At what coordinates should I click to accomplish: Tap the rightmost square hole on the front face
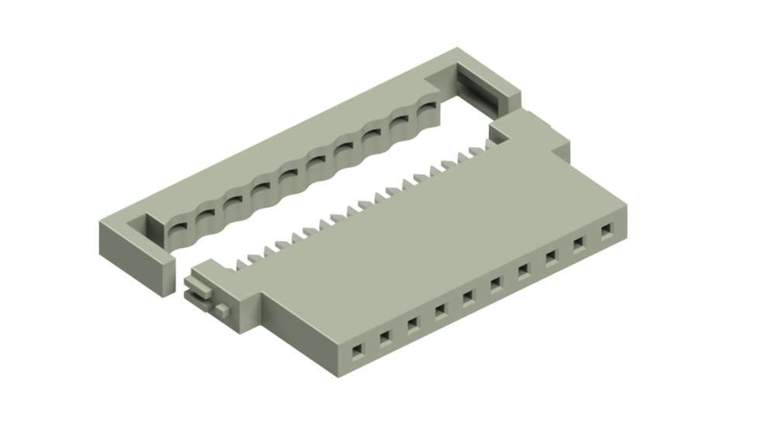coord(607,230)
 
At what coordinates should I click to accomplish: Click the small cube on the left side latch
coord(223,308)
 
